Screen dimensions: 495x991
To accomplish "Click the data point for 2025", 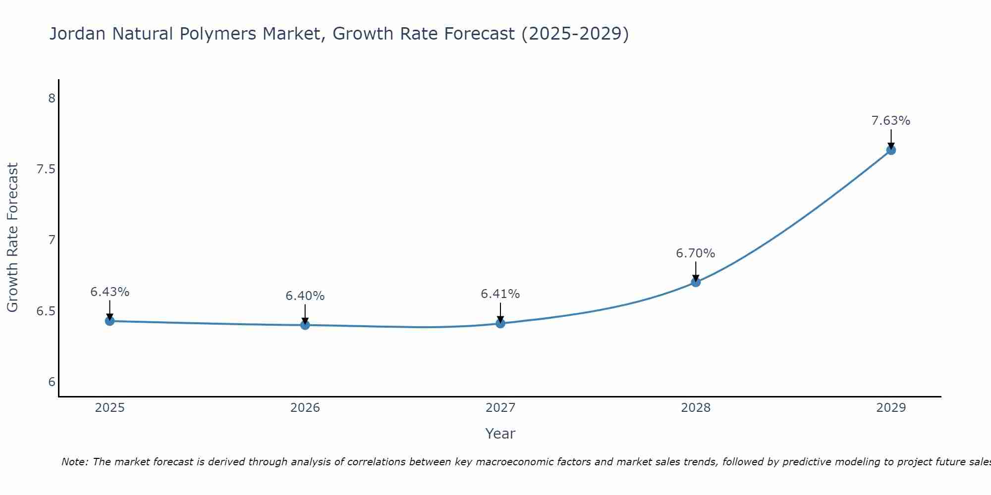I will (110, 321).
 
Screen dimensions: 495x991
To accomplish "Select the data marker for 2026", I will (305, 325).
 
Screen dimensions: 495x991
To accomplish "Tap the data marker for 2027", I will (500, 323).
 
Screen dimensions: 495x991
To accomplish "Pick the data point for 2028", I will (696, 282).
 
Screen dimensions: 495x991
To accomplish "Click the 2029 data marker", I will (891, 150).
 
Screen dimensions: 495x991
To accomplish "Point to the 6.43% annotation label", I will (110, 292).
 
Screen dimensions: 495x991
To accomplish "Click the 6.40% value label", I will (305, 296).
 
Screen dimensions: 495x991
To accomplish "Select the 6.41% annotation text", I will (500, 294).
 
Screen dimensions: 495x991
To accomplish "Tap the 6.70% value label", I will (696, 253).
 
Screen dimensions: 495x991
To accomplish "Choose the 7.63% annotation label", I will (891, 121).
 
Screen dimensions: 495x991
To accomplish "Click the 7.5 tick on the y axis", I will (46, 169).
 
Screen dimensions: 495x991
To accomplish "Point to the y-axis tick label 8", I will (52, 99).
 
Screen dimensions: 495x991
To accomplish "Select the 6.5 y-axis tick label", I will (46, 311).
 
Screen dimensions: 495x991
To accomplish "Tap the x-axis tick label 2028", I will (696, 408).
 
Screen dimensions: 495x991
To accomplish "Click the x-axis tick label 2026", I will (305, 408).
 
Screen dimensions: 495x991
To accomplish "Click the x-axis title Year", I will (500, 434).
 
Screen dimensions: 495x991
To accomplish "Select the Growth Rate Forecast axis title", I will (12, 238).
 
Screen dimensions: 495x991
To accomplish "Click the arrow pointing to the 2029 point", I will (891, 139).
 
